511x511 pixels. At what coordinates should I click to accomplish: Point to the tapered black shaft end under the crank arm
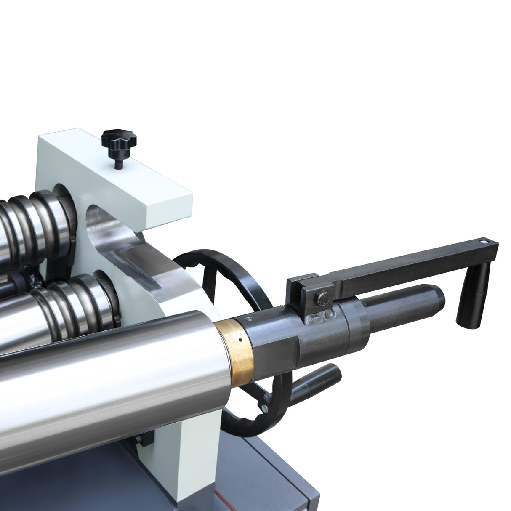point(404,305)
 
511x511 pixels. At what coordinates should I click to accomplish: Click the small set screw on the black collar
point(251,318)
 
